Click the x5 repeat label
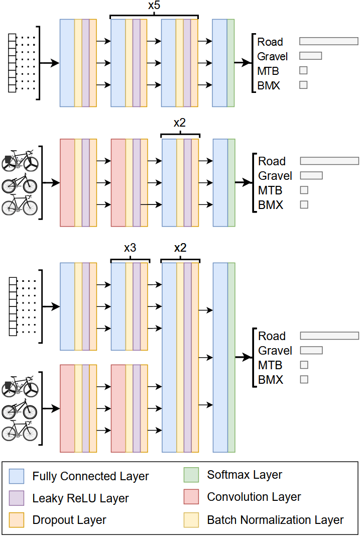tap(154, 7)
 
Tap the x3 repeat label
tap(130, 248)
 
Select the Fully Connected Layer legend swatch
tap(17, 476)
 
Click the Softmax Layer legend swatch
tap(191, 475)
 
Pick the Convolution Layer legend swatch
tap(191, 497)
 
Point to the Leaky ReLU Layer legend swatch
tap(17, 498)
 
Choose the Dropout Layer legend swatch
tap(17, 519)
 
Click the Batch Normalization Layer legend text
tap(275, 520)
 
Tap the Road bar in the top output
tap(328, 41)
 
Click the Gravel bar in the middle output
tap(311, 175)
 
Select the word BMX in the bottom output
tap(271, 380)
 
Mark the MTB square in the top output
tap(303, 70)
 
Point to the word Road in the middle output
tap(272, 161)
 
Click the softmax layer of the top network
tap(230, 63)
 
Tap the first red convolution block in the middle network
tap(67, 183)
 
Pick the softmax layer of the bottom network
tap(231, 357)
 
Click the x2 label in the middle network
tap(180, 124)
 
